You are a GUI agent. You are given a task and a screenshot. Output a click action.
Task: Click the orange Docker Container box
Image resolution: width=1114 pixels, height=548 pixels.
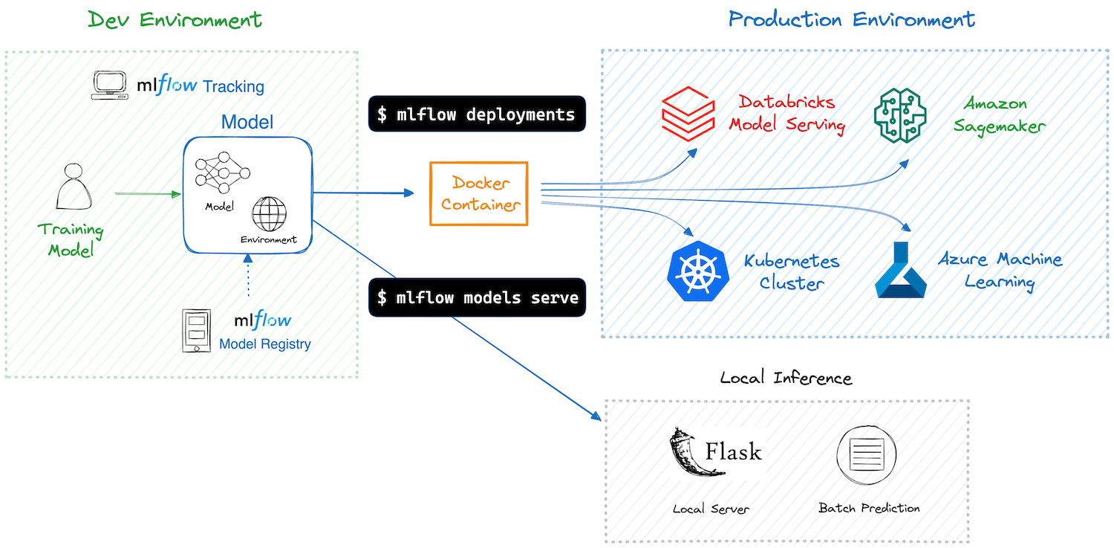478,193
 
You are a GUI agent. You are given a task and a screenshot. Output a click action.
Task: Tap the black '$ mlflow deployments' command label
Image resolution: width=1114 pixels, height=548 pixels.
476,115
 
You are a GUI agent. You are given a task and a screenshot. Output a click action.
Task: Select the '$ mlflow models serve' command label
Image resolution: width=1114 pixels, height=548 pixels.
477,297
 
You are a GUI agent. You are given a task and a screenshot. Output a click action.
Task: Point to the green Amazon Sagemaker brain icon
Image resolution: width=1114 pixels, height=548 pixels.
900,115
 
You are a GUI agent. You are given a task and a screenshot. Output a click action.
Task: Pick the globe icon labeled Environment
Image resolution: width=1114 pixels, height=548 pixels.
268,214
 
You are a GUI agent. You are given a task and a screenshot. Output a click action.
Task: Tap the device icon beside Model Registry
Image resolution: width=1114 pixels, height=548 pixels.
196,331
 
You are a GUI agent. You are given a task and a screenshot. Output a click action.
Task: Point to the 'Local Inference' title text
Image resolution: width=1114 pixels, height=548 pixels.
786,378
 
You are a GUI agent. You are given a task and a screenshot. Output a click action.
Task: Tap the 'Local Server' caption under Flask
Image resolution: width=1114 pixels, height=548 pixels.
711,509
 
